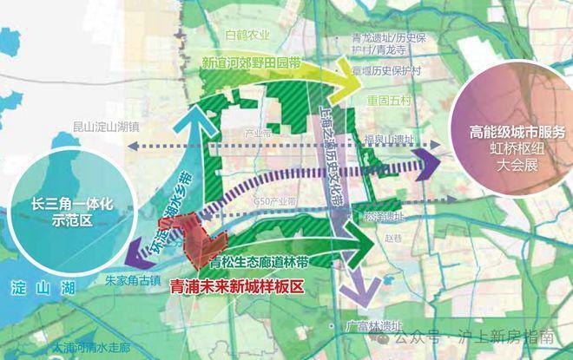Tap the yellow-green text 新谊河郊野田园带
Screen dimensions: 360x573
click(x=254, y=63)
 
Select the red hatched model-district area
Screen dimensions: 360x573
click(x=194, y=232)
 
